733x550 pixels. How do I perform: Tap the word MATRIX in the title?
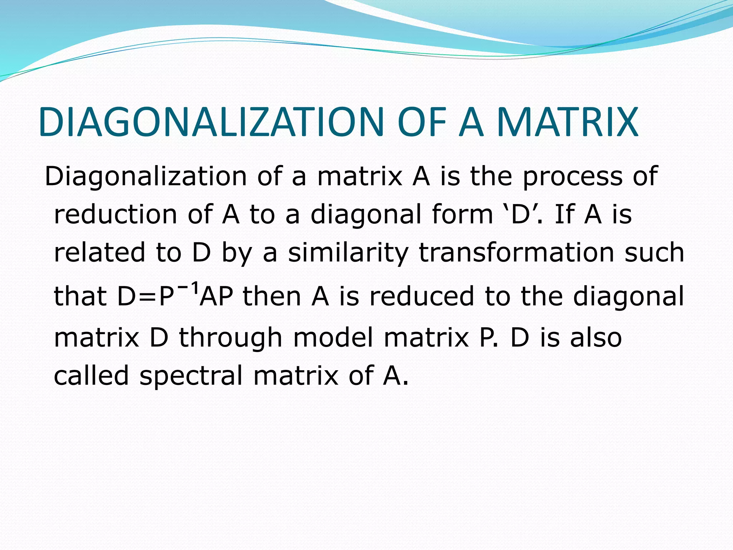567,122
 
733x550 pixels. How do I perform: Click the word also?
596,338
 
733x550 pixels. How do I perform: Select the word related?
99,252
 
